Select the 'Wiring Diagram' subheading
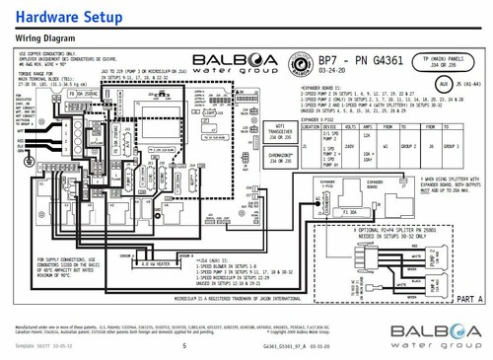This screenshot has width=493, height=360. coord(42,38)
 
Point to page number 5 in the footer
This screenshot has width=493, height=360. coord(183,320)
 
